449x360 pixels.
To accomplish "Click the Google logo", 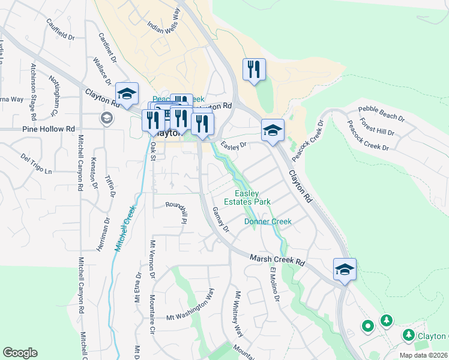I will click(x=20, y=353).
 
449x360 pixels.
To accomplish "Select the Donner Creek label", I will click(x=268, y=221).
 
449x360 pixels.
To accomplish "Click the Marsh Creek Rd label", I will click(x=277, y=260).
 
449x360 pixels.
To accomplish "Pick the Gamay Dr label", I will click(x=221, y=220).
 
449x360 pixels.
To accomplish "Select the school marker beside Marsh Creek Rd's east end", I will click(x=345, y=269).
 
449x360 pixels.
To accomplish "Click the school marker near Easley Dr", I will click(x=273, y=130).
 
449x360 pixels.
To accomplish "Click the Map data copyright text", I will click(x=424, y=355).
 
